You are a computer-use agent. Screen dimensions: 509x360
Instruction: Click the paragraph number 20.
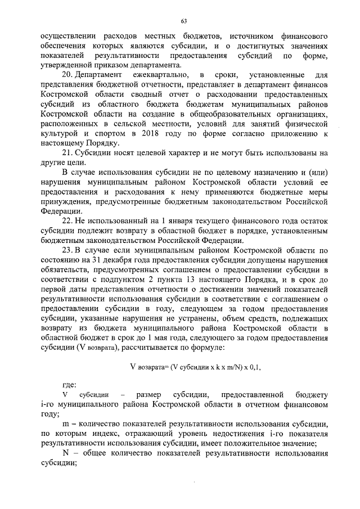pyautogui.click(x=67, y=75)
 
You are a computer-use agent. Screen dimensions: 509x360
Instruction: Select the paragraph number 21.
pyautogui.click(x=67, y=152)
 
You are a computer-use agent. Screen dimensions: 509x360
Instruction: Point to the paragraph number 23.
pyautogui.click(x=67, y=249)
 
